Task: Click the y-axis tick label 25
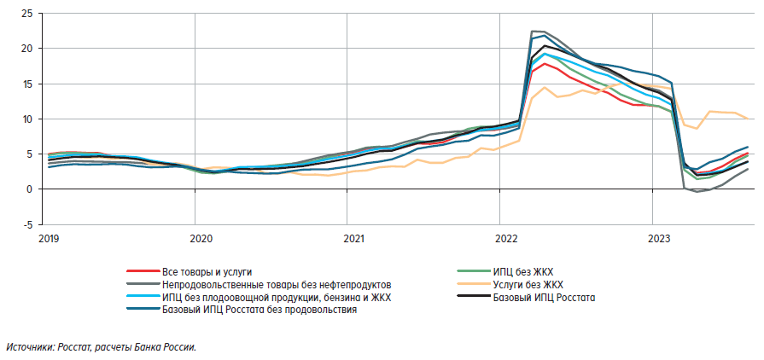coord(27,14)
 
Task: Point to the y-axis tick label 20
coord(27,49)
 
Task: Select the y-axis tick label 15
coord(27,84)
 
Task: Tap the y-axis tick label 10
coord(27,119)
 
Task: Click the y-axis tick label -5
coord(27,224)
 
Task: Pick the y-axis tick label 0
coord(30,189)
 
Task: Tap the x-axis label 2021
coord(351,239)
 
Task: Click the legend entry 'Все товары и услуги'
coord(207,271)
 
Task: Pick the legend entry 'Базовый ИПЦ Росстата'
coord(544,298)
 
